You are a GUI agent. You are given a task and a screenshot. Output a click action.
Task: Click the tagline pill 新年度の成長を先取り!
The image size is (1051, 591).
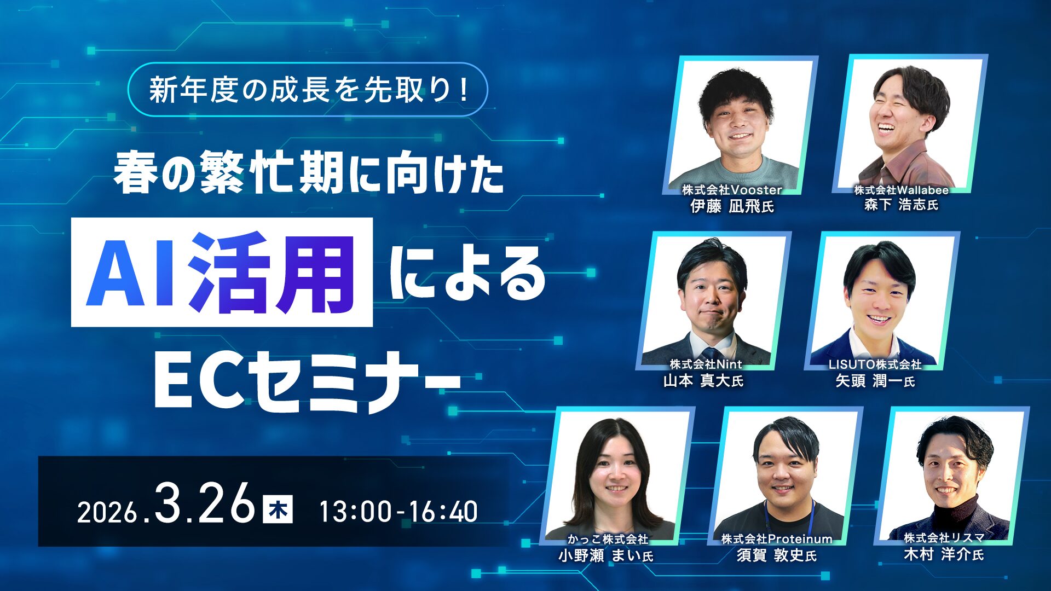pyautogui.click(x=308, y=90)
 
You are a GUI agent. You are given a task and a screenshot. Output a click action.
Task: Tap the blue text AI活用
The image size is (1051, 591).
pyautogui.click(x=222, y=273)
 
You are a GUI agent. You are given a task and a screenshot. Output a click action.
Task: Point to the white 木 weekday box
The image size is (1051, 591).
pyautogui.click(x=278, y=509)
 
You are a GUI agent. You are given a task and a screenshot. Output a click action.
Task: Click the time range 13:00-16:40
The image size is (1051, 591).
pyautogui.click(x=398, y=512)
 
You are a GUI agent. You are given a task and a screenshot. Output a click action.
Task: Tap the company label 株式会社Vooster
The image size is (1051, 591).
pyautogui.click(x=732, y=190)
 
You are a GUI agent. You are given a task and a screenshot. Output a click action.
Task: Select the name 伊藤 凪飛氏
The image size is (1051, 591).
pyautogui.click(x=732, y=206)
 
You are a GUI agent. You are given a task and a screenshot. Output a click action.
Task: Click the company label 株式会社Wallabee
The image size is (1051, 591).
pyautogui.click(x=901, y=190)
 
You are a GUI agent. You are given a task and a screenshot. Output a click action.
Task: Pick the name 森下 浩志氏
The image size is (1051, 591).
pyautogui.click(x=901, y=205)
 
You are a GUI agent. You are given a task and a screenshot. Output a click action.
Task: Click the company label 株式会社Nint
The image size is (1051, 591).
pyautogui.click(x=706, y=364)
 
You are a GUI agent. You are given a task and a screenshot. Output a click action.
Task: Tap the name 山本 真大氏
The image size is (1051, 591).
pyautogui.click(x=703, y=380)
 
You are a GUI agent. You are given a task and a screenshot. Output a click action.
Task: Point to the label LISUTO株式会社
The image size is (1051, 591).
pyautogui.click(x=875, y=364)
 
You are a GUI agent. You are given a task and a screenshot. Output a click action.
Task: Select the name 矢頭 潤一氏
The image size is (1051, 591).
pyautogui.click(x=875, y=381)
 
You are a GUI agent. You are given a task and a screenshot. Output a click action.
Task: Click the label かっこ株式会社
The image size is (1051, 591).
pyautogui.click(x=608, y=539)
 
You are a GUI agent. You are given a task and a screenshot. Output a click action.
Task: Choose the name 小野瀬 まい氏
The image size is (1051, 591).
pyautogui.click(x=606, y=556)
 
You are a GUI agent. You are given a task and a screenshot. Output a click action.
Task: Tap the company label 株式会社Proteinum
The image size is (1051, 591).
pyautogui.click(x=777, y=539)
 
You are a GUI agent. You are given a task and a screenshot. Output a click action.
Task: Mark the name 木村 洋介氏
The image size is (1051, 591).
pyautogui.click(x=944, y=554)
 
